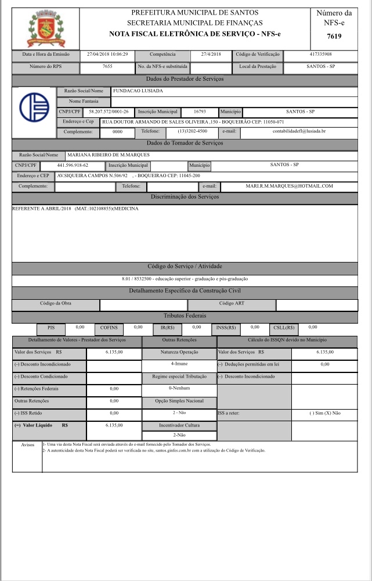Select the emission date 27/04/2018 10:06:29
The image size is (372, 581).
pyautogui.click(x=107, y=54)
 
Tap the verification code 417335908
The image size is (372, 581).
pyautogui.click(x=320, y=54)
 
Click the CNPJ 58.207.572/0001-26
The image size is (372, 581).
pyautogui.click(x=109, y=111)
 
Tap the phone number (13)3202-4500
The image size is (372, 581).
pyautogui.click(x=192, y=131)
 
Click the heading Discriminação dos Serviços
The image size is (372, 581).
pyautogui.click(x=185, y=198)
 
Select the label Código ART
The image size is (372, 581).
pyautogui.click(x=232, y=304)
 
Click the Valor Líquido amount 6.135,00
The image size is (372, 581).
pyautogui.click(x=114, y=425)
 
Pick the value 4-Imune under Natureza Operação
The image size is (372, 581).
pyautogui.click(x=179, y=364)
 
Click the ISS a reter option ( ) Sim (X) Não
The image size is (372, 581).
pyautogui.click(x=324, y=413)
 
